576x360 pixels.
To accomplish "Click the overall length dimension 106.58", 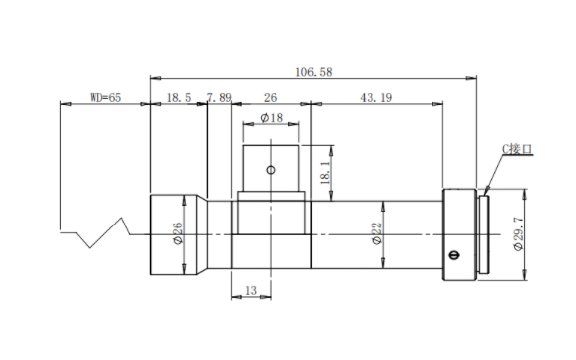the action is point(314,72).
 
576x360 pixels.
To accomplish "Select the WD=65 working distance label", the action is point(106,97).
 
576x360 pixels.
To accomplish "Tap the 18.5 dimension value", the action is point(179,98).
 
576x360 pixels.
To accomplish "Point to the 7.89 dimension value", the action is point(219,98).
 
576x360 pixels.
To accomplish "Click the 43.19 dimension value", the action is point(376,98).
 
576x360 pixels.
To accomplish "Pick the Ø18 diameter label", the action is point(272,118).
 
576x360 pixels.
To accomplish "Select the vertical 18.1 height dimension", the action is point(325,173).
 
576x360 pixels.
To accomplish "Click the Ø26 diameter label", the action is point(177,233).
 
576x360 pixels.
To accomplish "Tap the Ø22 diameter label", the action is point(377,233).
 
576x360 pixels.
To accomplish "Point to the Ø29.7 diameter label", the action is point(518,233).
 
